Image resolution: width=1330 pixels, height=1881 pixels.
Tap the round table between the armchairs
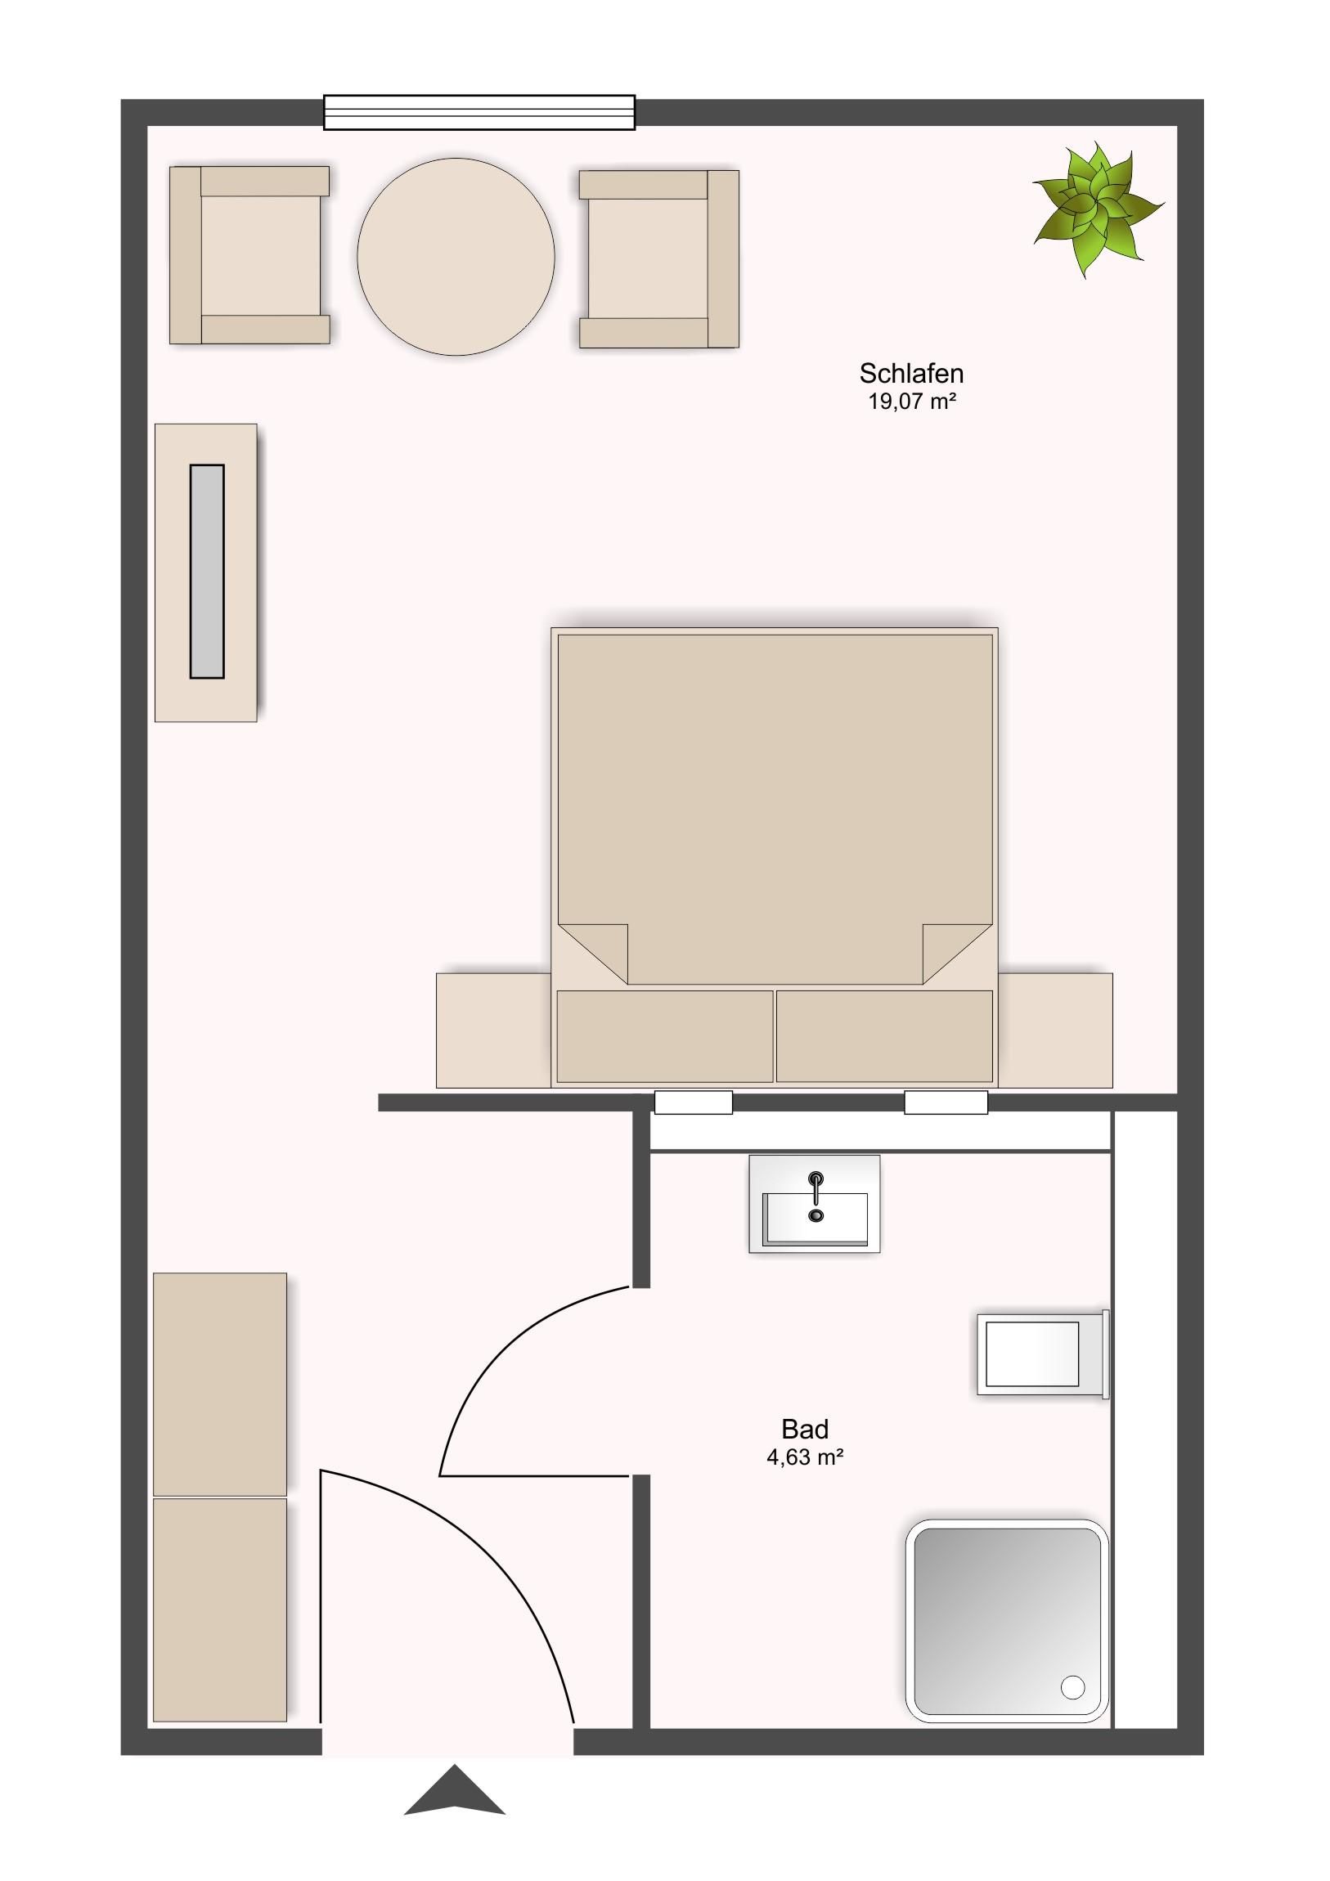(456, 257)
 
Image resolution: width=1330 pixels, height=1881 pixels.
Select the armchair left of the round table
(249, 255)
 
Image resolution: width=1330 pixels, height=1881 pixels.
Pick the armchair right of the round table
(658, 259)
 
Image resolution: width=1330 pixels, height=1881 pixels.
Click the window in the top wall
(479, 112)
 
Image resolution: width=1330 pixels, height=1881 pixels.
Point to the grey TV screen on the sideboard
(207, 571)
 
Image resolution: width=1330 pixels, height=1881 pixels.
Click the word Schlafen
(911, 374)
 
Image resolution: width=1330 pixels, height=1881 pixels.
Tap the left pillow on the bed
(664, 1036)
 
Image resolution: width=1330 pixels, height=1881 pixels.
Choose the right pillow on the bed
(884, 1036)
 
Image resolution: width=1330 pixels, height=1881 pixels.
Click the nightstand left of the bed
(493, 1030)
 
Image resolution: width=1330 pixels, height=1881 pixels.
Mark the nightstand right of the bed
(1055, 1030)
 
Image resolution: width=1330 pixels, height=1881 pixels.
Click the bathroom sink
(815, 1205)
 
